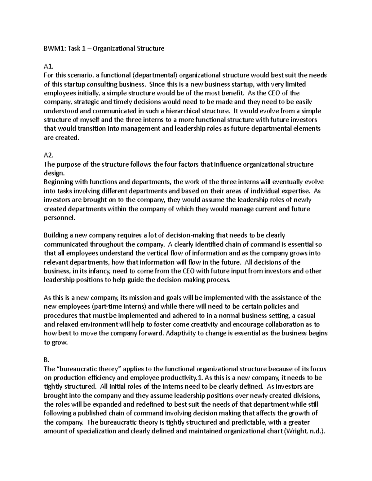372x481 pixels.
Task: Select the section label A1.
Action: pyautogui.click(x=48, y=66)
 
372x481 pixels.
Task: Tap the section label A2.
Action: pyautogui.click(x=48, y=155)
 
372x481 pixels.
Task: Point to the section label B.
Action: pyautogui.click(x=46, y=360)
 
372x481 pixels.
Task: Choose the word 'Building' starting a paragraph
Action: pyautogui.click(x=55, y=235)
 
